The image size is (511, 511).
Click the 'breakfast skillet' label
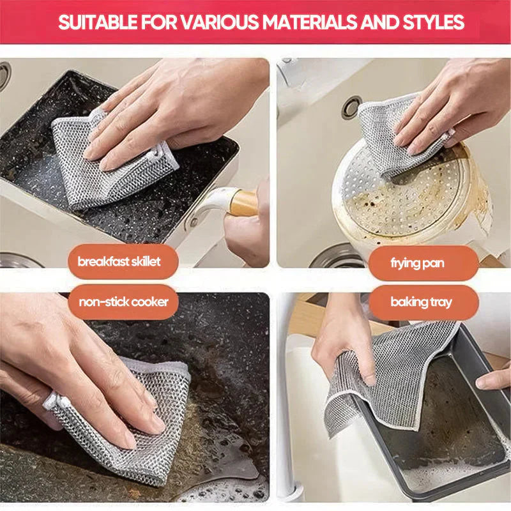coord(119,261)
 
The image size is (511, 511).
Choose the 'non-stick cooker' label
coord(123,301)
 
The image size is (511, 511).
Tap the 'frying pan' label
coord(418,263)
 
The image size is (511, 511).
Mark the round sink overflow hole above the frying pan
coord(351,107)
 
